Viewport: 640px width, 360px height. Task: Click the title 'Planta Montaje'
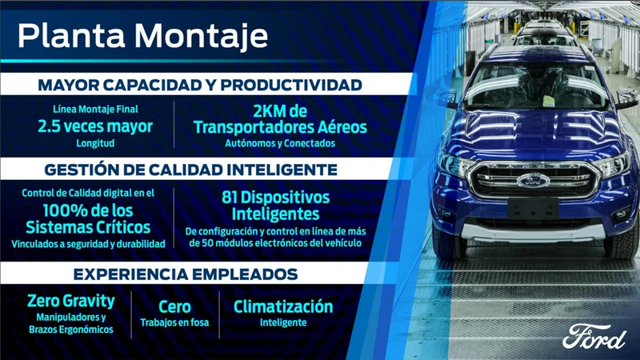click(142, 36)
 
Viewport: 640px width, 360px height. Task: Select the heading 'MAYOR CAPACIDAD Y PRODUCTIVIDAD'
click(200, 85)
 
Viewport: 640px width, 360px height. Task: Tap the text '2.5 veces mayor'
click(95, 126)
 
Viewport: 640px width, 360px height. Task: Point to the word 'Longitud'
click(95, 144)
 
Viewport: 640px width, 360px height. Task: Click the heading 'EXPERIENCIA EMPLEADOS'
click(186, 274)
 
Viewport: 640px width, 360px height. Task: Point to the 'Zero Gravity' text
click(71, 302)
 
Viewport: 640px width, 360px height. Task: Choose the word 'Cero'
click(174, 307)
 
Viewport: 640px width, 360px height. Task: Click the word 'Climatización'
click(283, 306)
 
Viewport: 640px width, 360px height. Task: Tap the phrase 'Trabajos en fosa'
click(174, 323)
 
